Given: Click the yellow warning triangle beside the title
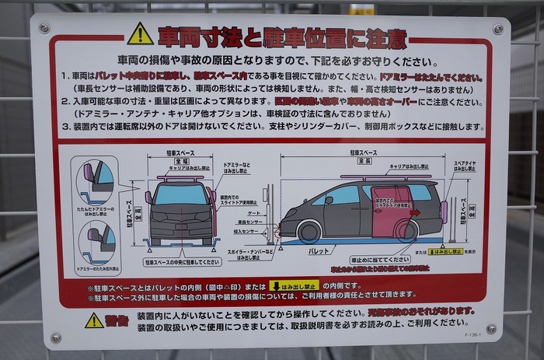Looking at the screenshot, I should pyautogui.click(x=140, y=34).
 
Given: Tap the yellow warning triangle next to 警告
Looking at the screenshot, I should pyautogui.click(x=94, y=320).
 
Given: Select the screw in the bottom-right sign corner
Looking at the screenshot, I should pyautogui.click(x=490, y=329).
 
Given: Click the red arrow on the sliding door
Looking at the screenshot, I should pyautogui.click(x=414, y=211).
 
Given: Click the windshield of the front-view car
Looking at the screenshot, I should pyautogui.click(x=180, y=194).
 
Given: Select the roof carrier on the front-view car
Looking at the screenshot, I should pyautogui.click(x=180, y=177).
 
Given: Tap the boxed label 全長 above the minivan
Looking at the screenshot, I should pyautogui.click(x=364, y=161).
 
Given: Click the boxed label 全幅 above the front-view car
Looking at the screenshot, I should pyautogui.click(x=180, y=161).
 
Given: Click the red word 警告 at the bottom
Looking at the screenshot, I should pyautogui.click(x=117, y=319).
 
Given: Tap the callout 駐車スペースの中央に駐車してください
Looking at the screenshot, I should pyautogui.click(x=181, y=262).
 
